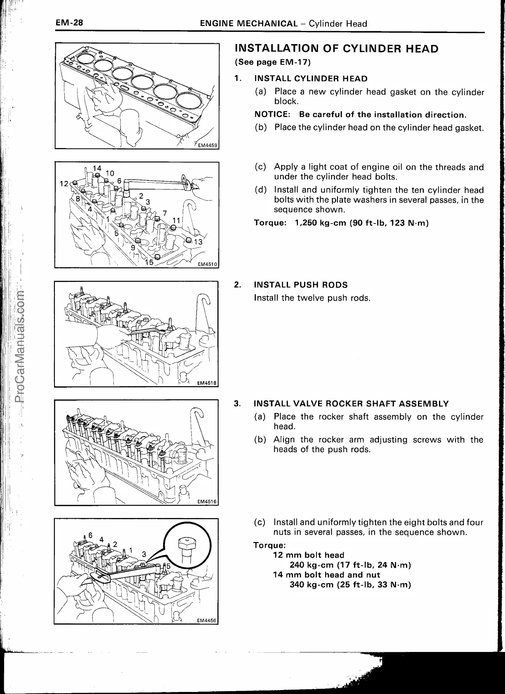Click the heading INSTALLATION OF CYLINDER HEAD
(336, 49)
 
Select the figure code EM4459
(208, 145)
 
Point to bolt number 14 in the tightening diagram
(97, 169)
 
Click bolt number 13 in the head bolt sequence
(198, 242)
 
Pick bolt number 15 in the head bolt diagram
(149, 262)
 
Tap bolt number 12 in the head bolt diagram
(64, 183)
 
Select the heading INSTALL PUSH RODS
(301, 285)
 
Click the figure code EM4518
(207, 383)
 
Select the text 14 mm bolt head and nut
(327, 575)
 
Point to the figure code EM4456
(207, 621)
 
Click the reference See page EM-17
(272, 62)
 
